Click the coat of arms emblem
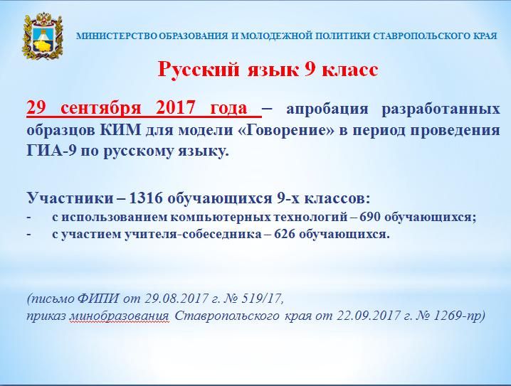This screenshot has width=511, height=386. click(42, 36)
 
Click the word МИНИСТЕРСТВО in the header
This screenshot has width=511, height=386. click(117, 36)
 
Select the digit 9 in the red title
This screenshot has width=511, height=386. click(310, 70)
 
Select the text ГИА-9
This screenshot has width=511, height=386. click(51, 151)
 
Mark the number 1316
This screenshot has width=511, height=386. click(145, 198)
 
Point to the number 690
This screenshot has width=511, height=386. click(370, 217)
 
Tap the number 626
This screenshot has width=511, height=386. click(284, 234)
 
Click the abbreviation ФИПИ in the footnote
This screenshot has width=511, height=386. click(98, 298)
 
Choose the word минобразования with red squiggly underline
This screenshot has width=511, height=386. click(119, 316)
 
